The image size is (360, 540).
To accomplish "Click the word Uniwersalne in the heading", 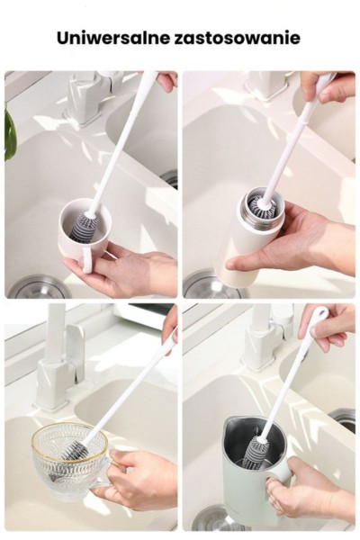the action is pyautogui.click(x=113, y=38).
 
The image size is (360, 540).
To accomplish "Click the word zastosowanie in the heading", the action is pyautogui.click(x=238, y=38).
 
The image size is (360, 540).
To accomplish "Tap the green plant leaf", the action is pyautogui.click(x=10, y=131).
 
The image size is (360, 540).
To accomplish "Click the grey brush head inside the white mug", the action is pyautogui.click(x=84, y=228).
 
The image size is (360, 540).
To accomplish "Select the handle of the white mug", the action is pyautogui.click(x=87, y=260).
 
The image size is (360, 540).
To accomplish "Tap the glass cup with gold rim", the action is pyautogui.click(x=70, y=458).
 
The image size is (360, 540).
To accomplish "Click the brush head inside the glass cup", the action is pyautogui.click(x=75, y=451).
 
